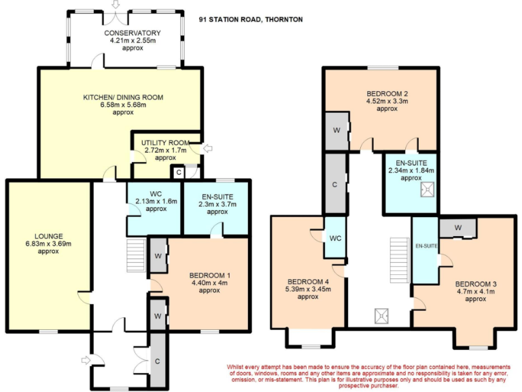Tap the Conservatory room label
click(x=133, y=33)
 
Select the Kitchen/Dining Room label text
click(x=123, y=97)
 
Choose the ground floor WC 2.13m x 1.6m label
click(x=156, y=201)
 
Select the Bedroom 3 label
click(x=476, y=284)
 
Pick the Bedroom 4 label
click(x=308, y=282)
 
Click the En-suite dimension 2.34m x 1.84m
click(x=411, y=170)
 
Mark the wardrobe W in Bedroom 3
click(x=457, y=227)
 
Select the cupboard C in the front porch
click(x=157, y=361)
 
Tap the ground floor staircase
click(x=137, y=254)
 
